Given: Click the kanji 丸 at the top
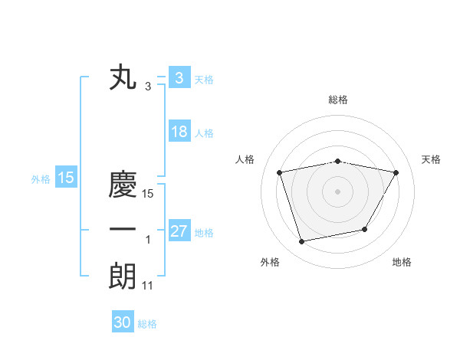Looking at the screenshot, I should click(122, 78).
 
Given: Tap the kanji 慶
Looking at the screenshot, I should click(122, 185).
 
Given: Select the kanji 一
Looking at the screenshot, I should click(122, 230).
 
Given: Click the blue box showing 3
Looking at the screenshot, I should click(178, 77).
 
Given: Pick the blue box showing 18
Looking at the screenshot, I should click(179, 132).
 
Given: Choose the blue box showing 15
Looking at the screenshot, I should click(65, 178).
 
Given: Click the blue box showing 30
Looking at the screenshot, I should click(123, 322).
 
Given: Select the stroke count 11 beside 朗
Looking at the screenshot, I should click(148, 286).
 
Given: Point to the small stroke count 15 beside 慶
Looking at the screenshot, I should click(148, 195).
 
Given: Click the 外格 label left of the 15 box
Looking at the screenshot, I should click(41, 179).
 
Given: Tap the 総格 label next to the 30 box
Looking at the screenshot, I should click(147, 324).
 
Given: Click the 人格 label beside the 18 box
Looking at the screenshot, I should click(204, 133).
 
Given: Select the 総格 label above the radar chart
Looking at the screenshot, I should click(337, 100).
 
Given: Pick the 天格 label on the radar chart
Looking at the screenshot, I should click(432, 159).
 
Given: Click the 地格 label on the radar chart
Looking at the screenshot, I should click(402, 262).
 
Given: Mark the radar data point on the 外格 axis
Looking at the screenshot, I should click(302, 241).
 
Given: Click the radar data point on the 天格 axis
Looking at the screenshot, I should click(396, 172).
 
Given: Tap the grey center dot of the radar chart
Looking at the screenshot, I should click(337, 191).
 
